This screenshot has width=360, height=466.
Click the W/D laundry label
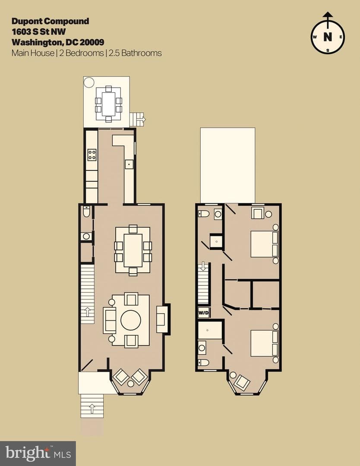tap(204, 313)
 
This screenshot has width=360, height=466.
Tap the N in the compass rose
tap(328, 37)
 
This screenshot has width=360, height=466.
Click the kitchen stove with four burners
tap(92, 154)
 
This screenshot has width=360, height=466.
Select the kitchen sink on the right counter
tap(129, 164)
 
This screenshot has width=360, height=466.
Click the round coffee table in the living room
tap(131, 320)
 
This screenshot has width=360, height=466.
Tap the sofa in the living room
tap(109, 320)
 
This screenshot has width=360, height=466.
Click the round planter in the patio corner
tap(89, 82)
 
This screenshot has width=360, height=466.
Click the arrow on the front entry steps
tap(92, 409)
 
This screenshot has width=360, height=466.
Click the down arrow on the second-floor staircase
tap(203, 266)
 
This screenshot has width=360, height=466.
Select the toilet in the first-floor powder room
tap(86, 211)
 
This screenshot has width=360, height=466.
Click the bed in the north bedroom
tap(264, 244)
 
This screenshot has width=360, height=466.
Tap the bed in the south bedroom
tap(264, 343)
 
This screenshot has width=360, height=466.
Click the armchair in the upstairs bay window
tap(242, 382)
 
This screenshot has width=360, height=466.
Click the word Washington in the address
tap(37, 42)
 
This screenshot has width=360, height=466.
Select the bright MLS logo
tap(38, 453)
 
